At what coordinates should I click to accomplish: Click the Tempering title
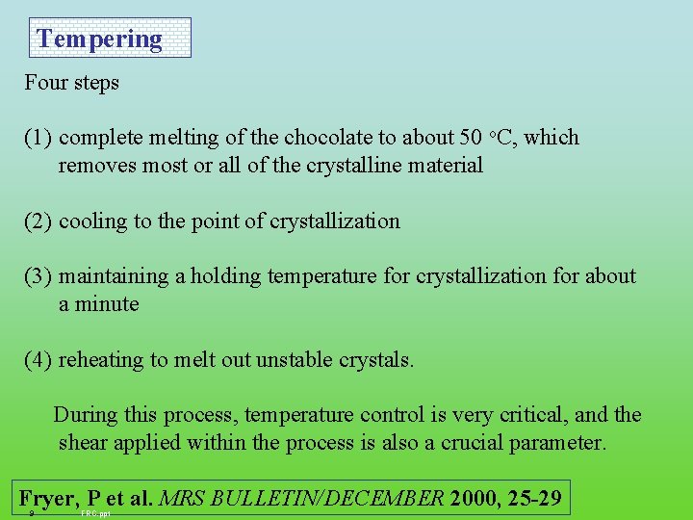point(99,39)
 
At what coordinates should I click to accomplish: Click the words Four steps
point(72,83)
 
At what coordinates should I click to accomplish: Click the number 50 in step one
point(471,138)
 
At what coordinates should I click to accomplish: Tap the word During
point(85,415)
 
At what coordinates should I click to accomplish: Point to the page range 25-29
point(537,499)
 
